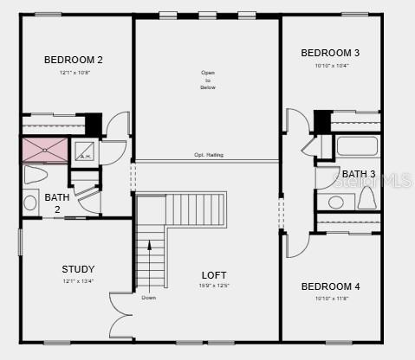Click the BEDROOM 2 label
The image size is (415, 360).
click(x=74, y=60)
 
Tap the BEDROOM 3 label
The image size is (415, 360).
click(x=330, y=53)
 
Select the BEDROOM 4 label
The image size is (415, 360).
click(x=330, y=286)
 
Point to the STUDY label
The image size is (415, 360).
click(x=78, y=269)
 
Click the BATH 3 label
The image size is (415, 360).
click(x=358, y=174)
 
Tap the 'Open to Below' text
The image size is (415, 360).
click(x=208, y=80)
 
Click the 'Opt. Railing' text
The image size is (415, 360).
click(x=208, y=155)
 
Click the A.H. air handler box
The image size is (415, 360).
click(x=86, y=151)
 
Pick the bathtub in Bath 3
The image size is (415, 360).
click(x=357, y=145)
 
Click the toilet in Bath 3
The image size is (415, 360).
click(x=366, y=199)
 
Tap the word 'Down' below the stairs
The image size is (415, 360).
click(x=149, y=298)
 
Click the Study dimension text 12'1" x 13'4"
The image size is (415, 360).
click(x=77, y=281)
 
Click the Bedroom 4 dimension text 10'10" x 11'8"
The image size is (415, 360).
click(x=330, y=299)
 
